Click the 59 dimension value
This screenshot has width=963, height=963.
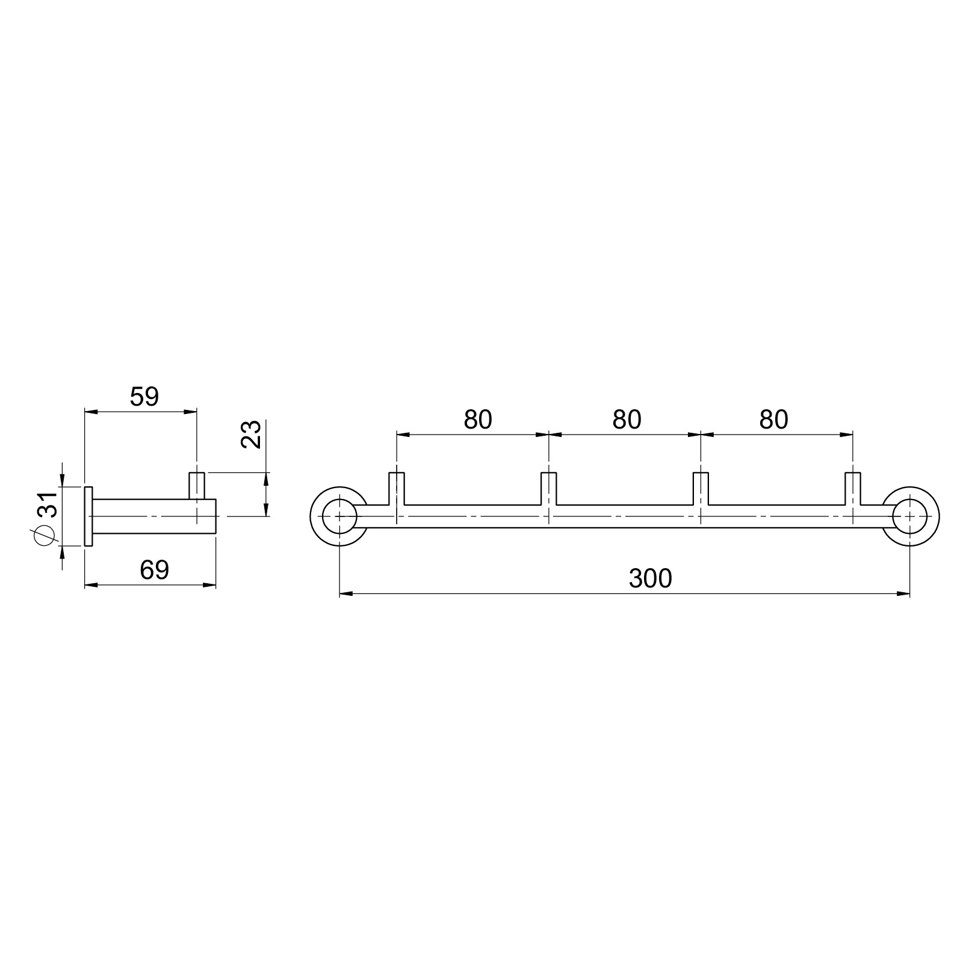coord(144,397)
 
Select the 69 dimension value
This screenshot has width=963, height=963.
coord(155,570)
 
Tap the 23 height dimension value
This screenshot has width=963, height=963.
coord(251,434)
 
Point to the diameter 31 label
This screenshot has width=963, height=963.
coord(46,519)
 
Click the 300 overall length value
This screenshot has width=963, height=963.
coord(650,578)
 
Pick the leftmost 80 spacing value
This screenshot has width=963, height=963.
coord(478,420)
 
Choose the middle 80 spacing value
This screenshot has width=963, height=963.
coord(627,420)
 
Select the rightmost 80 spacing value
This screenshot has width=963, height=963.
coord(773,420)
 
